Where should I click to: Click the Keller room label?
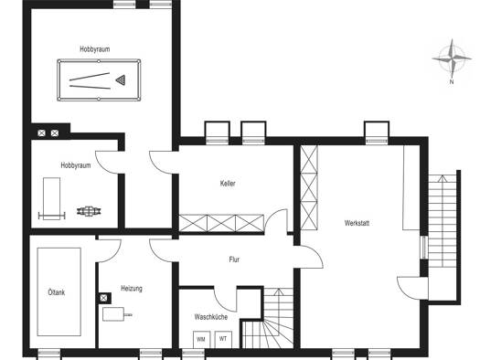coord(228,184)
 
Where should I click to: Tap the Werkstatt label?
coord(357,223)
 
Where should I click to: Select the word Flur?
coord(234,259)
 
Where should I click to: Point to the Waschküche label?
coord(211,317)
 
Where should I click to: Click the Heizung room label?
coord(132,289)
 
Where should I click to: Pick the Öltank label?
coord(57,292)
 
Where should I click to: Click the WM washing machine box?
coord(201,339)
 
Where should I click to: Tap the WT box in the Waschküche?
coord(223,339)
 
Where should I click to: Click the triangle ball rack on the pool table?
coord(121,79)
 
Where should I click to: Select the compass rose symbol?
coord(452,58)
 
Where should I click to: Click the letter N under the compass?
coord(452,81)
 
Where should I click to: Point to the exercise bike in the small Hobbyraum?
coord(89,211)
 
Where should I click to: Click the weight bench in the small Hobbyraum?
coord(52,198)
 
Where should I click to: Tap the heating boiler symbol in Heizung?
coord(117,314)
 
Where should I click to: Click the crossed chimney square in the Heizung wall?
coord(104,298)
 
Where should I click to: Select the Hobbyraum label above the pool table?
coord(95,49)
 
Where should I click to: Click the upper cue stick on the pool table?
coord(90,77)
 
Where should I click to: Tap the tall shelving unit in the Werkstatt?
coord(309,187)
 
